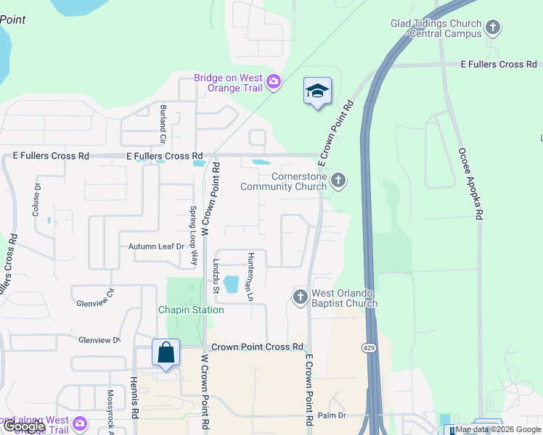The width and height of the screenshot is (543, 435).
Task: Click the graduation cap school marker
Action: pyautogui.click(x=317, y=91)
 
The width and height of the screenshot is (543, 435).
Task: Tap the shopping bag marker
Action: pyautogui.click(x=166, y=353)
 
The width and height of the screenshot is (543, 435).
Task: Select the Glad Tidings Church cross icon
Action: pyautogui.click(x=494, y=28)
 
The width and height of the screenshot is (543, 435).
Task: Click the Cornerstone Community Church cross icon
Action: pyautogui.click(x=338, y=180)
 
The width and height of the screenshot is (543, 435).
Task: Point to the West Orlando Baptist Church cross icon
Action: pyautogui.click(x=301, y=297)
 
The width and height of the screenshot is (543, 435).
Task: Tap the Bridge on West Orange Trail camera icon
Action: pyautogui.click(x=274, y=81)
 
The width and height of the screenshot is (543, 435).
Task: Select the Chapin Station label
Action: pyautogui.click(x=191, y=310)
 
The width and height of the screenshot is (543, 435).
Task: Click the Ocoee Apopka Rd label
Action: pyautogui.click(x=470, y=184)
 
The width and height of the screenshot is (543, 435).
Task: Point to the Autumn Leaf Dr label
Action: pyautogui.click(x=156, y=246)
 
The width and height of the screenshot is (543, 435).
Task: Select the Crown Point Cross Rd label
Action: pyautogui.click(x=256, y=347)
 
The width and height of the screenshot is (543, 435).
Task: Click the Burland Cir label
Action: pyautogui.click(x=163, y=124)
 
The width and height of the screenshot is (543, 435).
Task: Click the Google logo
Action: pyautogui.click(x=23, y=427)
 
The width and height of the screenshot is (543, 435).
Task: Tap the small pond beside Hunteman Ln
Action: pyautogui.click(x=231, y=284)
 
